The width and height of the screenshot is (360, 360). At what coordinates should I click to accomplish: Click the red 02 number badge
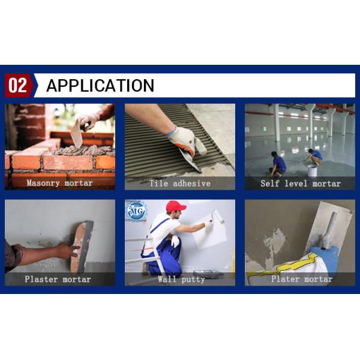coord(17,86)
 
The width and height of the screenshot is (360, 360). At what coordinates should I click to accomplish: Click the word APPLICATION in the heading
coord(100,86)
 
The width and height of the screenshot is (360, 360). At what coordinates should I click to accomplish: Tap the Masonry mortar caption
coord(60,183)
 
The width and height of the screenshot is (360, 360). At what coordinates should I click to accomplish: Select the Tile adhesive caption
coord(180,183)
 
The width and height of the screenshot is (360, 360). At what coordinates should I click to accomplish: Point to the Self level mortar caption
coord(300,183)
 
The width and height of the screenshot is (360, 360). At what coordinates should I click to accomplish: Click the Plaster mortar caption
coord(58,279)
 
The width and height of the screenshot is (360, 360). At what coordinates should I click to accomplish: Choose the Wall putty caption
coord(181,279)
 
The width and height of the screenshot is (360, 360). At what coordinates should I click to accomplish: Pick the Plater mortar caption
coord(301,279)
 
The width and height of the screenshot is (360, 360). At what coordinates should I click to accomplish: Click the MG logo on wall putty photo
coord(136,211)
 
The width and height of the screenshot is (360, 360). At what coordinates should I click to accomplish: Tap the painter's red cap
coord(176,206)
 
